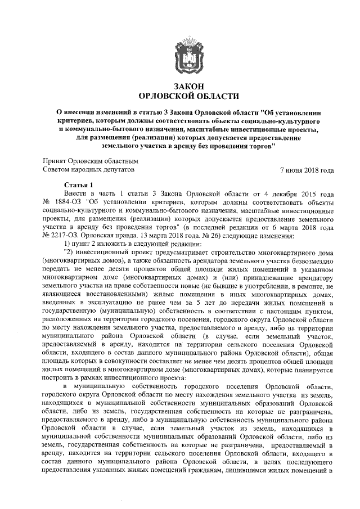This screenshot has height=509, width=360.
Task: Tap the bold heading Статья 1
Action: tap(78, 185)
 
